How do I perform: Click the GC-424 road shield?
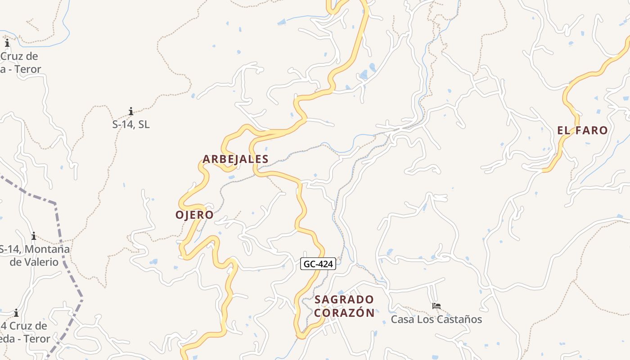318,264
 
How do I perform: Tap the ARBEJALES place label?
235,159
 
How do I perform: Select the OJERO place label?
194,215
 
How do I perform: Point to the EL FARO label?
582,130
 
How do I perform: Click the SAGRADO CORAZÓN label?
344,306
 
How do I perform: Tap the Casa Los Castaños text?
436,319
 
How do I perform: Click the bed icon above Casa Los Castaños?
436,306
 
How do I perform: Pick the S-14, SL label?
131,124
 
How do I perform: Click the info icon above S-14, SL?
131,111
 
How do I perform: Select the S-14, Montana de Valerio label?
34,255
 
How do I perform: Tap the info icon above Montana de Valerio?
33,236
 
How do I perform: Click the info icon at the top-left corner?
7,43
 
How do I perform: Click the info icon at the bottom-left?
16,313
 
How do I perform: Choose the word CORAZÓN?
344,313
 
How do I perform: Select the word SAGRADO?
344,300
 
